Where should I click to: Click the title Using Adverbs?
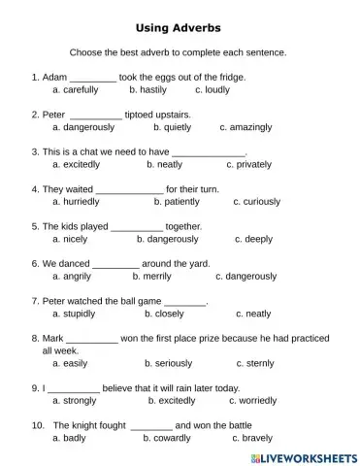click(179, 30)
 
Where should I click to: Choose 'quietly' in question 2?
click(177, 127)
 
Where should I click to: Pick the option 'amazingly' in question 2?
click(251, 127)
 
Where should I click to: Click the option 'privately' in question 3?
click(251, 164)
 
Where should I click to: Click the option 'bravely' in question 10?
click(254, 438)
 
